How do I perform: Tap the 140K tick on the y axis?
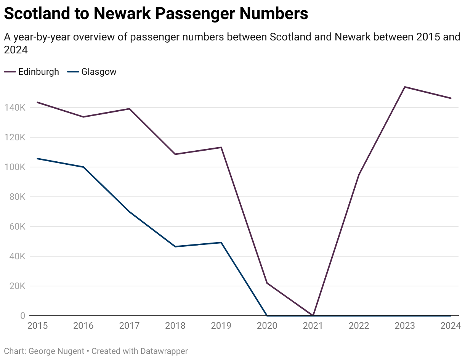(x=14, y=108)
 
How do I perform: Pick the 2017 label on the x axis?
(x=129, y=326)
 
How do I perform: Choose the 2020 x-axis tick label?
(x=267, y=326)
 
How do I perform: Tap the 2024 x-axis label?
(x=451, y=326)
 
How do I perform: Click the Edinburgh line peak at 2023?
(x=405, y=87)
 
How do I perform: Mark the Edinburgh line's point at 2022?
(x=359, y=175)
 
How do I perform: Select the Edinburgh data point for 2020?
(x=267, y=283)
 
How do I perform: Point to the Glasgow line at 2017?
(x=129, y=212)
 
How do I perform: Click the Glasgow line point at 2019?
(x=221, y=243)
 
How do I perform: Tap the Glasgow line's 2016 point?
(x=83, y=167)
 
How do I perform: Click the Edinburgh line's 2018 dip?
(x=175, y=154)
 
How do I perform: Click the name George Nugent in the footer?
(x=56, y=351)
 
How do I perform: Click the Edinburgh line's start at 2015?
(x=37, y=102)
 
